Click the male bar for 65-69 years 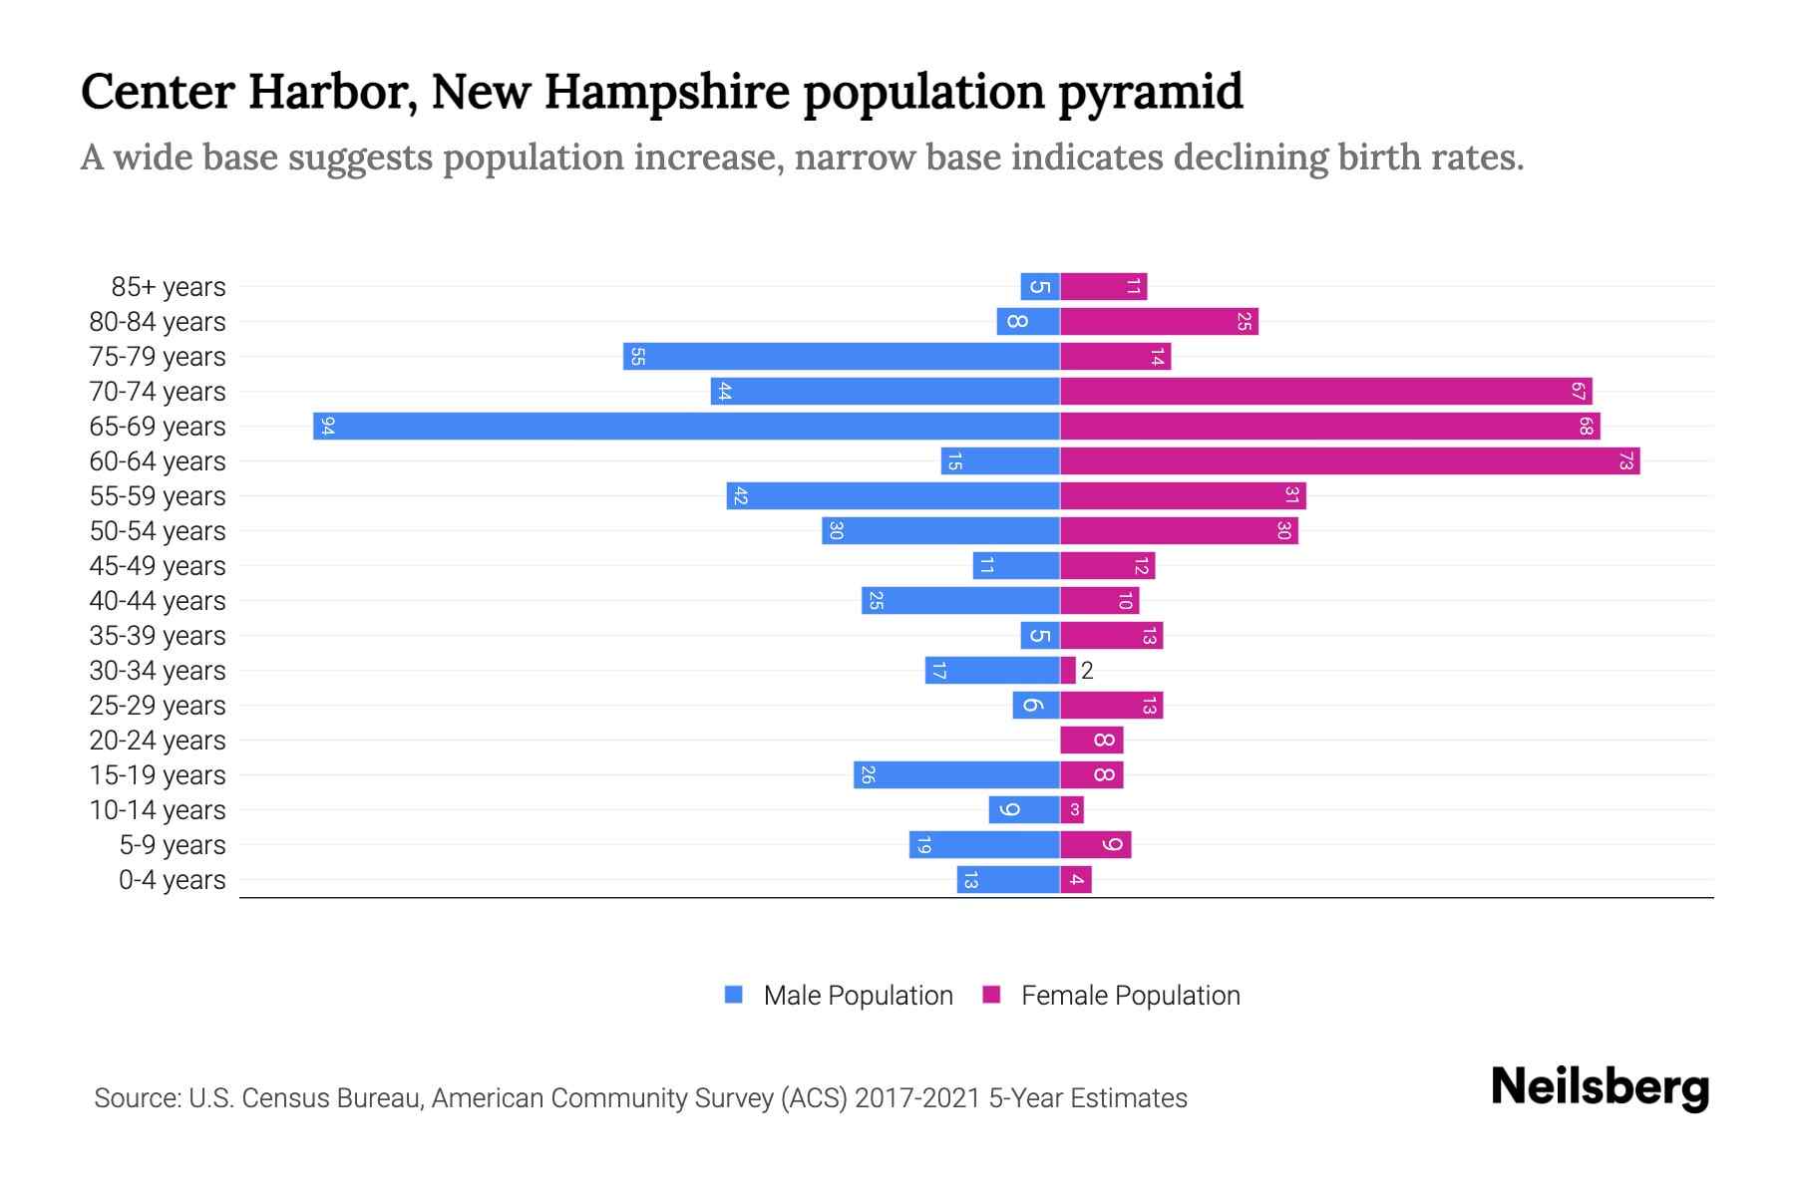(686, 427)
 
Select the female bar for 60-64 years (1349, 461)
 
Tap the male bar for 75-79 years (841, 357)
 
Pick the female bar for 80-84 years (1159, 322)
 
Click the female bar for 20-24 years (1091, 741)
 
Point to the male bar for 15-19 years (956, 775)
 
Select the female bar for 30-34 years (1068, 671)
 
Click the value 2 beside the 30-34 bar (1087, 671)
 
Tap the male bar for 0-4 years (1008, 880)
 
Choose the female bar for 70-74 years (1325, 392)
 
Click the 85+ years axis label (169, 287)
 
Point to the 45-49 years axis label (158, 566)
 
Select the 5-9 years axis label (173, 845)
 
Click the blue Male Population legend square (734, 995)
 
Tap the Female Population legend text (1130, 996)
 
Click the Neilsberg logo (1600, 1087)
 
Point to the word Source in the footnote (136, 1098)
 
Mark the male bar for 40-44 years (960, 601)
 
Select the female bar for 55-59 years (1183, 496)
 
